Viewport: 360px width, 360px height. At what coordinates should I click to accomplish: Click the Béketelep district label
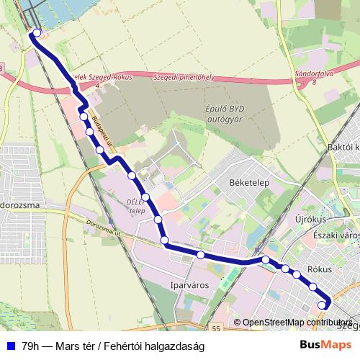[x=248, y=183]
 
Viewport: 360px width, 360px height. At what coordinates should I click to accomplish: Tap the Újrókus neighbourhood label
[x=311, y=219]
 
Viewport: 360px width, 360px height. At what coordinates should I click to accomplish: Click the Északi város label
[x=336, y=235]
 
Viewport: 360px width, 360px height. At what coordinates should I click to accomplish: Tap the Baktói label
[x=343, y=147]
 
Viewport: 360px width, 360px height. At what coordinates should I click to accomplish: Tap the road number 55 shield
[x=216, y=328]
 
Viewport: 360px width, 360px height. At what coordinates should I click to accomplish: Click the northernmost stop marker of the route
[x=37, y=32]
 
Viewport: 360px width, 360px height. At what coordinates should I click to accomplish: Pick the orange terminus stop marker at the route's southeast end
[x=322, y=305]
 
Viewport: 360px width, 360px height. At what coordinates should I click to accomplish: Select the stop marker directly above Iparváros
[x=200, y=255]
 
